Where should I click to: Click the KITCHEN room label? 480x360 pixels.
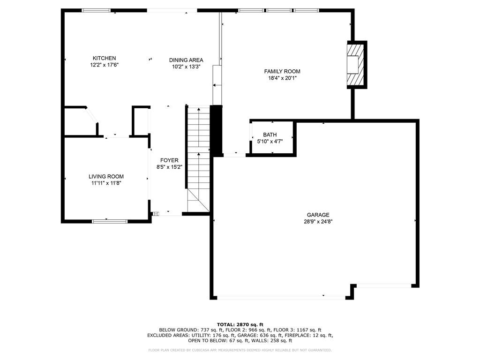(105, 58)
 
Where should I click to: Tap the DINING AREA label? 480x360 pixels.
(186, 60)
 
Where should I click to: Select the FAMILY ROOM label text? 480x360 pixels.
(282, 71)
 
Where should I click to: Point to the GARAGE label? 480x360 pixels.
(318, 215)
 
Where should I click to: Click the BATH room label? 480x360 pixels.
(270, 135)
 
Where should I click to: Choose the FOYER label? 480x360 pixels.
(169, 160)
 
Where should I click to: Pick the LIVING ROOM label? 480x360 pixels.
(106, 177)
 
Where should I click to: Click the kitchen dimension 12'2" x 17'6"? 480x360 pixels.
(105, 65)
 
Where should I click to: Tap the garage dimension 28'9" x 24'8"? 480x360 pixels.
(318, 222)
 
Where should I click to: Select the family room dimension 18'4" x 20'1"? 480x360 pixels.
(282, 78)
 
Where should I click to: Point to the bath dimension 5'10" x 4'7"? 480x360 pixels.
(270, 142)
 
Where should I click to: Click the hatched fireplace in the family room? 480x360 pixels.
(356, 65)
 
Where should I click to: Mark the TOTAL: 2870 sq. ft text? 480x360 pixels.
(240, 324)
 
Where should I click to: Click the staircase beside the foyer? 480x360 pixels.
(198, 159)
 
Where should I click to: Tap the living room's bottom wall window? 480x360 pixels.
(109, 221)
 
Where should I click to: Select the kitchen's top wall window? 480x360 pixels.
(96, 10)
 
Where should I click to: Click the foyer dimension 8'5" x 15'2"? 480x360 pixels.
(169, 167)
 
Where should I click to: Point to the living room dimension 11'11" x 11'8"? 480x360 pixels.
(106, 183)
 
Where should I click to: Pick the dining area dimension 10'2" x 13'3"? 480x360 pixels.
(186, 67)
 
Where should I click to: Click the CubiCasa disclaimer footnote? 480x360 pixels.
(240, 350)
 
